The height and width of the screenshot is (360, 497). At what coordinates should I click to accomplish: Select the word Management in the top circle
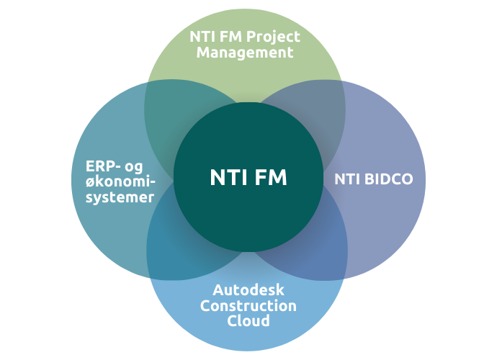(x=245, y=53)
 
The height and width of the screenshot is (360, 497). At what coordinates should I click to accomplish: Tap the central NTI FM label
(x=248, y=178)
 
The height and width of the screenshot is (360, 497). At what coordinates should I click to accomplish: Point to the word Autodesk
(x=248, y=290)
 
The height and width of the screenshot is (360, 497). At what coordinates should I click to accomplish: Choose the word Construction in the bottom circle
(x=248, y=305)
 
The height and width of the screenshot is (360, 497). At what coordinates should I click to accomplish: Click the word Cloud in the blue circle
(x=248, y=320)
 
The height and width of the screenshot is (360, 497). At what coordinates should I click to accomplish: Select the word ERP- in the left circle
(x=92, y=165)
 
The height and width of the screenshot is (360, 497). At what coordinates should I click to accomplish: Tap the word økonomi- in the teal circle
(x=115, y=181)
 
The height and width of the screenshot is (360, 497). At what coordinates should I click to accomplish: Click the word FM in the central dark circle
(x=270, y=178)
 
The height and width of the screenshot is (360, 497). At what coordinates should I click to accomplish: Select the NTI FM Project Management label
(x=245, y=44)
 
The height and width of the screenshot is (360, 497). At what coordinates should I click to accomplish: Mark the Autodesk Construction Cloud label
(x=248, y=305)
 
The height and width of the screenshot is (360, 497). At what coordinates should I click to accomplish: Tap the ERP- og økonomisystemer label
(x=115, y=181)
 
